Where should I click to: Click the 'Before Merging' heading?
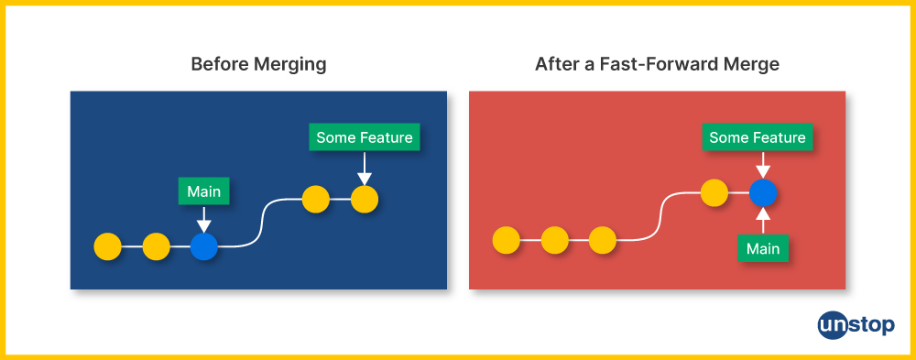(258, 64)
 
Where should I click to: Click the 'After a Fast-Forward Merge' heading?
(657, 64)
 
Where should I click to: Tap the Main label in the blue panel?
(204, 191)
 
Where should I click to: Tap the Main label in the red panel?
(763, 248)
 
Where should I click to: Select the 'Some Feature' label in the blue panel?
(365, 138)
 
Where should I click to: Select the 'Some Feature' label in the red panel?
(758, 138)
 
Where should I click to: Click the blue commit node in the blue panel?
(204, 246)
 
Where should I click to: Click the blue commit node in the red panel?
(763, 193)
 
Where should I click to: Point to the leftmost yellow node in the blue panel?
(107, 246)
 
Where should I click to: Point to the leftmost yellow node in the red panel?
(506, 241)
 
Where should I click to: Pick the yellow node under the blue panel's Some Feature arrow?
(365, 200)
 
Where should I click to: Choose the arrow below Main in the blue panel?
(204, 219)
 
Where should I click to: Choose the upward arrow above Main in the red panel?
(763, 221)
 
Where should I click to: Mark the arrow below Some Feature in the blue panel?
(365, 169)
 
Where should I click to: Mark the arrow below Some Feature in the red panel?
(763, 165)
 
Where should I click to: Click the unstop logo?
(856, 325)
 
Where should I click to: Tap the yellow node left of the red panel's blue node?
(714, 193)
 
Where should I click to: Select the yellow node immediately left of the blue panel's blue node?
(156, 246)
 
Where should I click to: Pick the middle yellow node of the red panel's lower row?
(554, 241)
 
